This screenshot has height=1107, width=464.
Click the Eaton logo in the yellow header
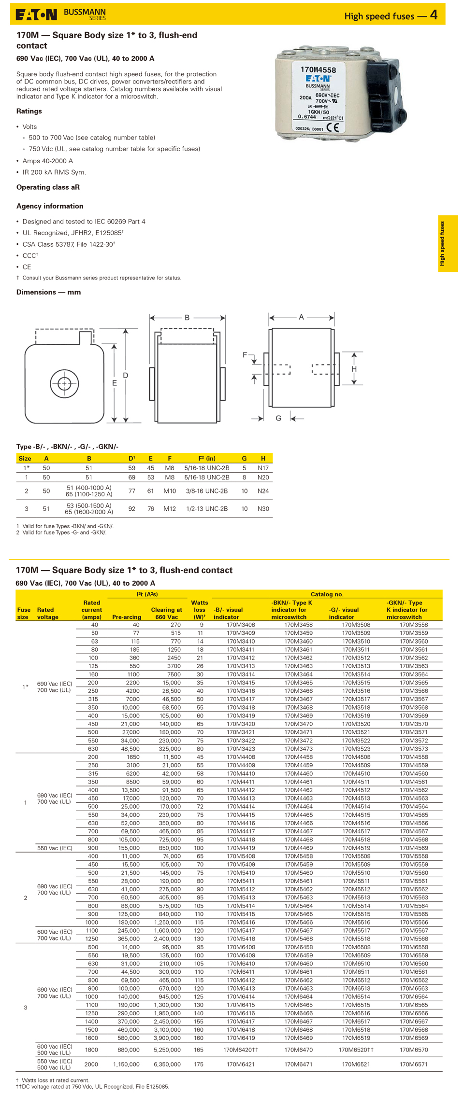coord(36,15)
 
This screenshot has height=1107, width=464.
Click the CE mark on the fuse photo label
coord(333,127)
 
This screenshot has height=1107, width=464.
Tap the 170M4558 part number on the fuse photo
coord(318,70)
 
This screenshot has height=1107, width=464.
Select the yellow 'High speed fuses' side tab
coord(448,243)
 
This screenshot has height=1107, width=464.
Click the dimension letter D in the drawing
coord(126,375)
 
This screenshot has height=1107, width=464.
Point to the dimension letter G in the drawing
coord(278,418)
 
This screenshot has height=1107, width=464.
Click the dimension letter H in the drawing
coord(354,369)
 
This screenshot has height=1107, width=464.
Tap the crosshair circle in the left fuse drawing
coord(64,383)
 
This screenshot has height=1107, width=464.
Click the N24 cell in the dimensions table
coord(263,491)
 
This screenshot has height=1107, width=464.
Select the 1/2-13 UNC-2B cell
coord(207,508)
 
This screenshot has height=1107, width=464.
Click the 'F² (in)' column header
coord(207,458)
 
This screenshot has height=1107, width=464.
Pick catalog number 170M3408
coord(241,625)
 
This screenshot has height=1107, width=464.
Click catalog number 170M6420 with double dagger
coord(241,1050)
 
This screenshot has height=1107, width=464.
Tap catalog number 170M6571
coord(414,1064)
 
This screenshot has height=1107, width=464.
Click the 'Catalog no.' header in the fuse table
coord(327,594)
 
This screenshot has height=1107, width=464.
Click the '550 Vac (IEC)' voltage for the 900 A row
coord(55,848)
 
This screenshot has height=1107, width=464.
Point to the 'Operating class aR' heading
coord(48,187)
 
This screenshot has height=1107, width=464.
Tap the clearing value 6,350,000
coord(167,1064)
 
